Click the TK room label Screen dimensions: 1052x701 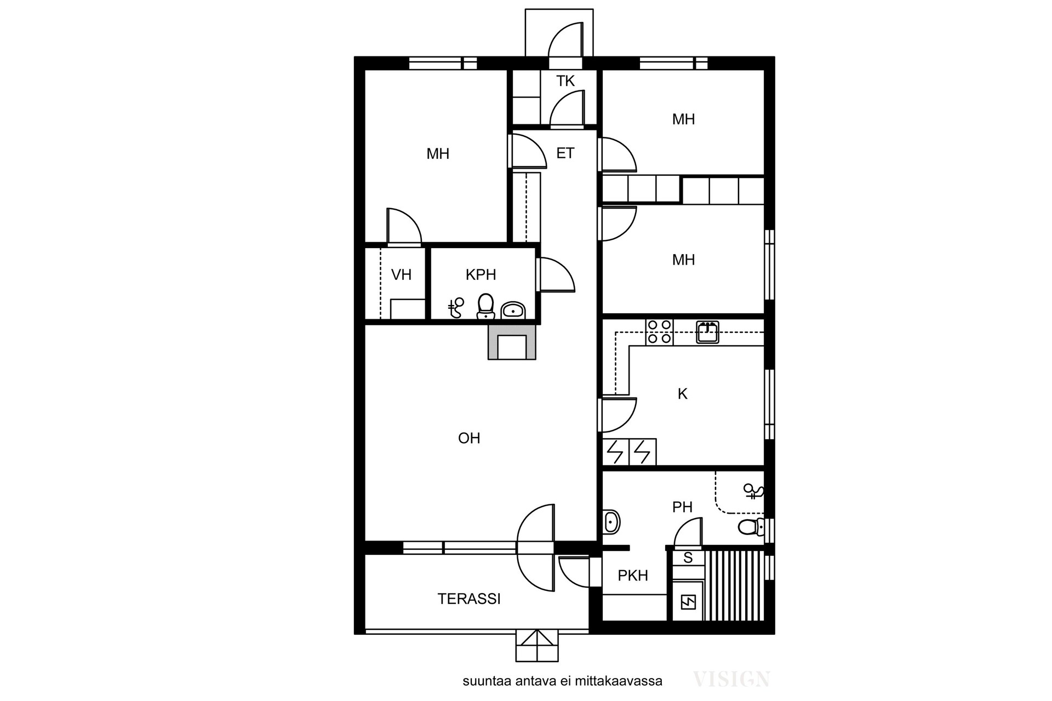[x=565, y=81]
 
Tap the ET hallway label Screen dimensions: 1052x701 [x=565, y=153]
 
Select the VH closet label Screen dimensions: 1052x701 [x=401, y=274]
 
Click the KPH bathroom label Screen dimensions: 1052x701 [x=481, y=274]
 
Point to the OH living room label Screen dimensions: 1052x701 [x=469, y=438]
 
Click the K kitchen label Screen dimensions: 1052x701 [x=683, y=394]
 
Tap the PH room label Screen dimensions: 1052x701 [x=682, y=507]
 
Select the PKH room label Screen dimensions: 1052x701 [x=633, y=576]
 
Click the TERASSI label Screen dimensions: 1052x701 [x=469, y=599]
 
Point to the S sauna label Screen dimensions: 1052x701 [x=688, y=558]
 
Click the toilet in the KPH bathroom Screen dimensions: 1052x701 [x=485, y=307]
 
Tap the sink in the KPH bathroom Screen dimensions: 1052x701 [x=513, y=311]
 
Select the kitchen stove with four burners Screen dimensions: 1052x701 [x=659, y=332]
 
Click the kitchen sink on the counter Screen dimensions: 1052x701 [x=707, y=332]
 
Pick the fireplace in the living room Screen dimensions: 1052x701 [x=512, y=342]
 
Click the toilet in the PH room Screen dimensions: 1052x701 [x=751, y=527]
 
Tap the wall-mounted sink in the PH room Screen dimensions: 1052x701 [x=611, y=522]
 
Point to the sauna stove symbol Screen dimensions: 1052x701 [x=688, y=603]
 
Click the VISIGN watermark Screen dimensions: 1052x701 [x=732, y=680]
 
